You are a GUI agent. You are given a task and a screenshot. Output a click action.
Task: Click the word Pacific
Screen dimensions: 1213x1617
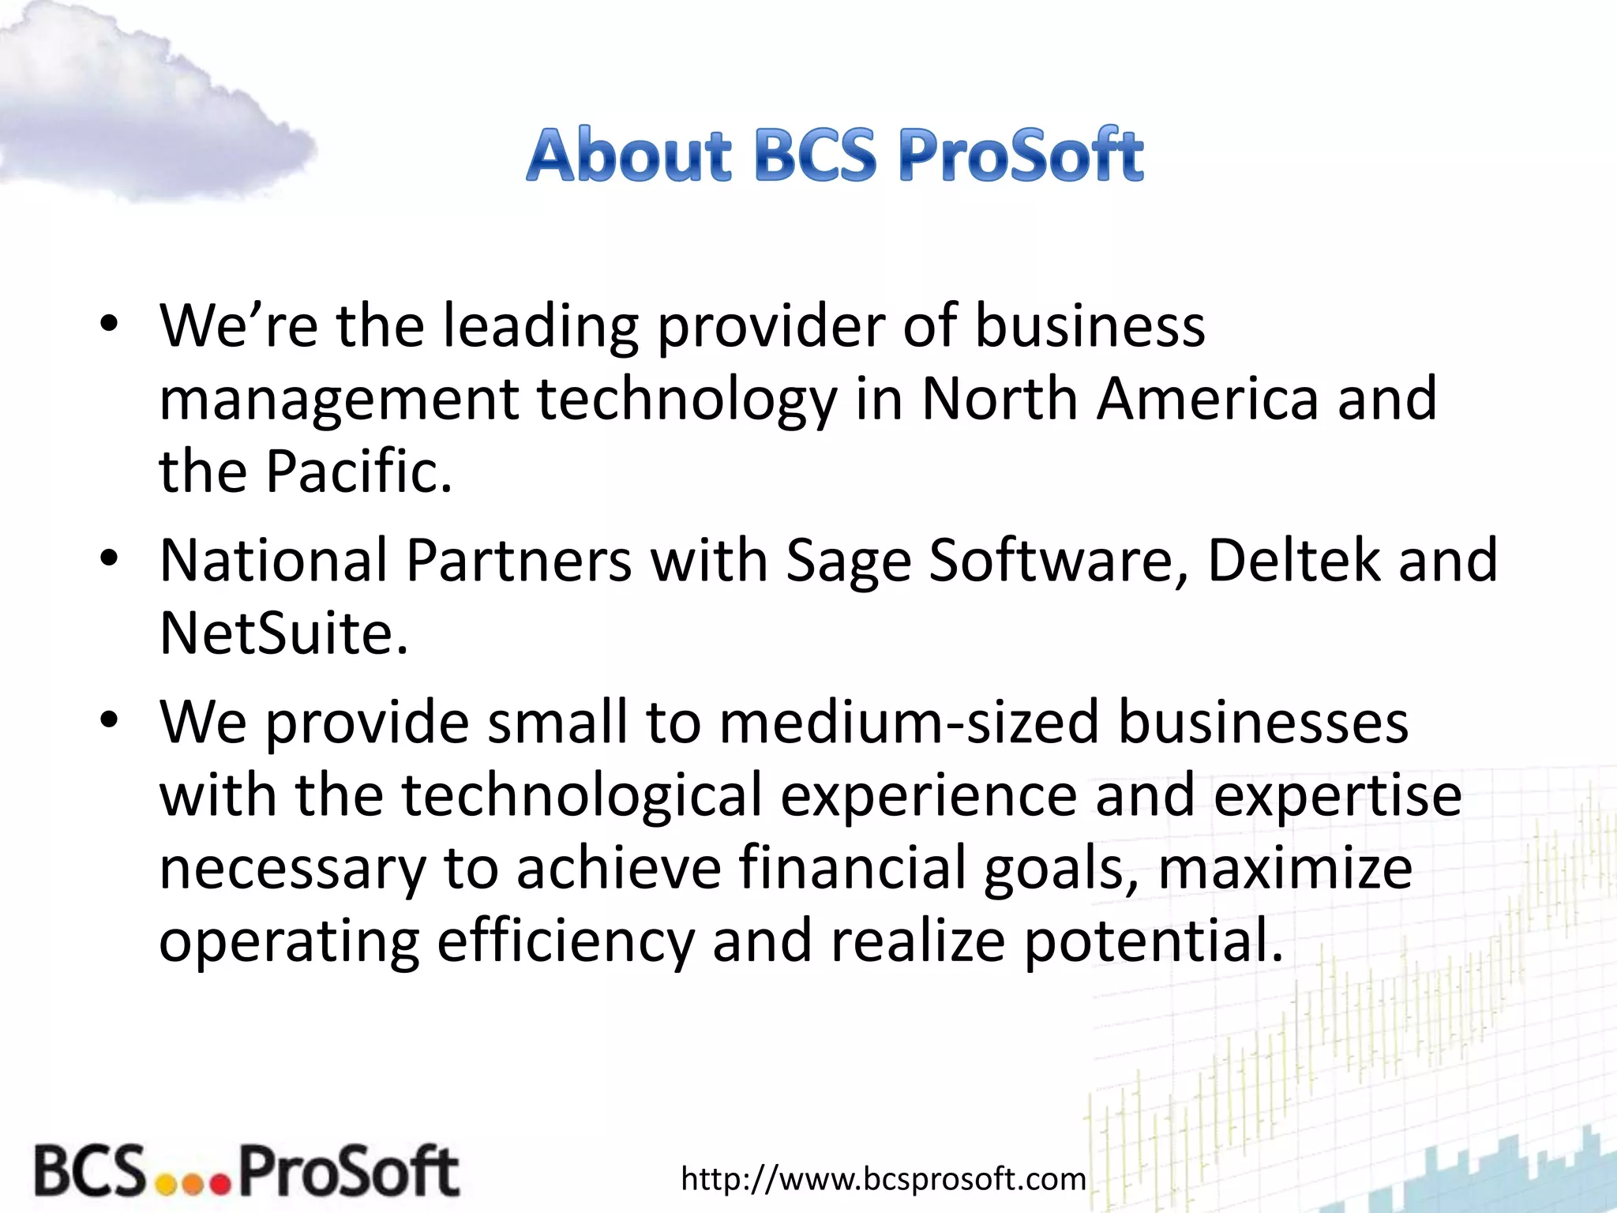pyautogui.click(x=358, y=471)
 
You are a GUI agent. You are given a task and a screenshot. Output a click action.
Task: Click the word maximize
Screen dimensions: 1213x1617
pyautogui.click(x=1285, y=868)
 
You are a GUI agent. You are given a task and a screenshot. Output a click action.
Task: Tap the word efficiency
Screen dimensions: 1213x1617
pyautogui.click(x=565, y=941)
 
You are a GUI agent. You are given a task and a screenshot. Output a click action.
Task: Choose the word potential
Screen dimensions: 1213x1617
pyautogui.click(x=1154, y=941)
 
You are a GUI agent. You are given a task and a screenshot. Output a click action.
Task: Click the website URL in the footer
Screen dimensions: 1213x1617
pyautogui.click(x=884, y=1179)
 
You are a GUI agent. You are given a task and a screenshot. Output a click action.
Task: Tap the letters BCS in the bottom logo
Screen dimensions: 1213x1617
pyautogui.click(x=90, y=1170)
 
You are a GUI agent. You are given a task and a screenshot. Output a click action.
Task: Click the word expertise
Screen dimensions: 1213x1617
pyautogui.click(x=1337, y=794)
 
